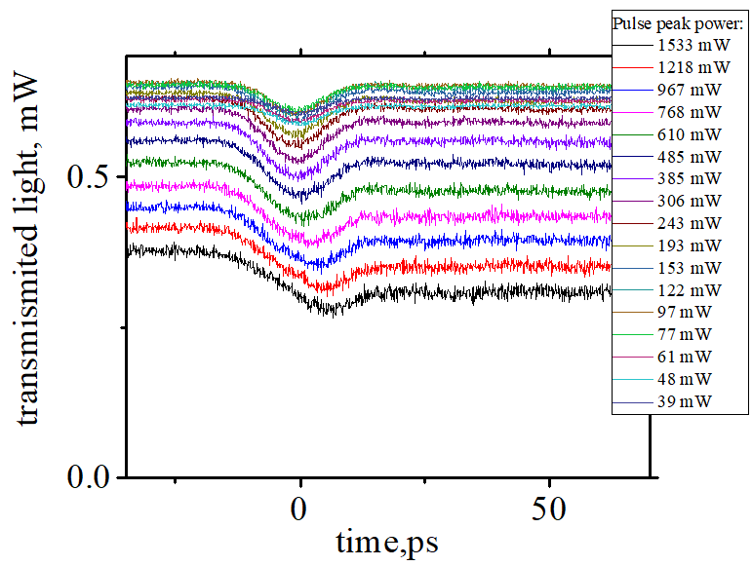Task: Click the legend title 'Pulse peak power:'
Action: (x=679, y=22)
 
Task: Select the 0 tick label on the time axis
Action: (x=300, y=509)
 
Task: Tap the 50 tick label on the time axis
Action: (x=549, y=509)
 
